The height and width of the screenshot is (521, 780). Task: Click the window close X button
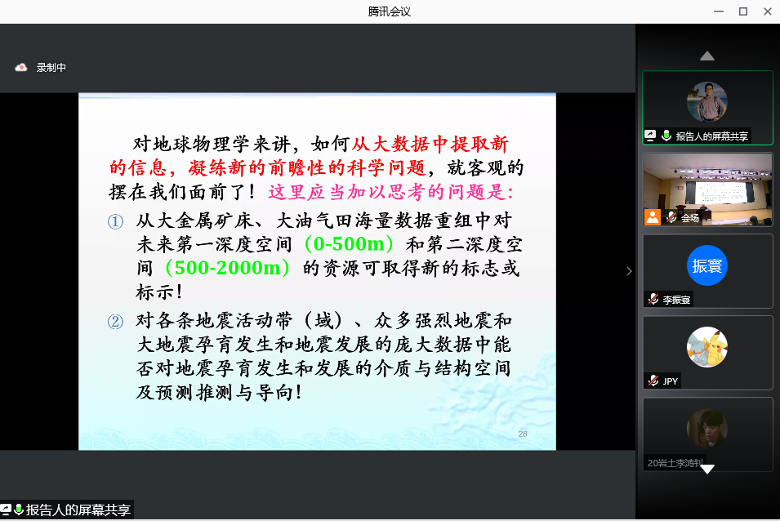(x=767, y=11)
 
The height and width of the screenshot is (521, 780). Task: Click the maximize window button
(x=743, y=11)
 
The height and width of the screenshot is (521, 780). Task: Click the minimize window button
(x=719, y=11)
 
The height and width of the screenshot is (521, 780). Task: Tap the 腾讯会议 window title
(x=390, y=11)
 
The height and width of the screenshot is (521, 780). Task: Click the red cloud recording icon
(x=21, y=67)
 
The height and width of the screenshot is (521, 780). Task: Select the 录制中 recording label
(x=51, y=67)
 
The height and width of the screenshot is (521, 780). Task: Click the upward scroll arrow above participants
(x=706, y=56)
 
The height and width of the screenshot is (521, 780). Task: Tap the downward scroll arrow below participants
(x=706, y=469)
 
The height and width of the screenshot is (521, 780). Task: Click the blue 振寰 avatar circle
(x=706, y=265)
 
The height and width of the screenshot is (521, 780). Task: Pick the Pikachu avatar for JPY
(x=706, y=347)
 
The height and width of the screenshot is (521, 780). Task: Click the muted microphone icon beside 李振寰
(x=653, y=299)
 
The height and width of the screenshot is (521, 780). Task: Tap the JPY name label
(x=670, y=381)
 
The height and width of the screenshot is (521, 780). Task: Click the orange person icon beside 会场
(x=653, y=217)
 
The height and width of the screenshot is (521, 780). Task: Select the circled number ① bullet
(x=115, y=221)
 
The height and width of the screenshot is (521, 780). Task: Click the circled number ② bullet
(x=115, y=322)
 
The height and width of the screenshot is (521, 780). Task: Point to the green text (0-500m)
(x=350, y=243)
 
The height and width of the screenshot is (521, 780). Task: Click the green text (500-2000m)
(x=227, y=268)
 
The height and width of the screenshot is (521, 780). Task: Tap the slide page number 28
(x=523, y=434)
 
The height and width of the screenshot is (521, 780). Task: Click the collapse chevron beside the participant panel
(x=629, y=271)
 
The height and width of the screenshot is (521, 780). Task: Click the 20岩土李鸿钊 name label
(x=675, y=463)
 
